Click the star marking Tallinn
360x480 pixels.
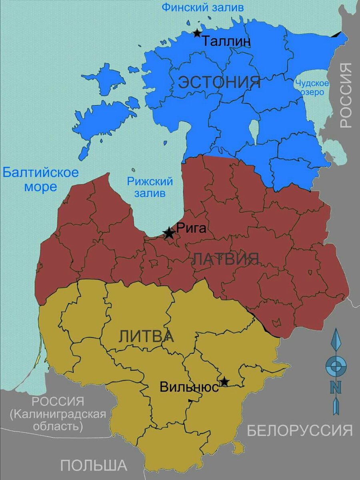197,33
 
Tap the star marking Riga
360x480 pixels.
169,233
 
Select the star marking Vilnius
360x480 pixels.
224,382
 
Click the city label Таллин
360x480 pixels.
226,41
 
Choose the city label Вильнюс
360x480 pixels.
189,387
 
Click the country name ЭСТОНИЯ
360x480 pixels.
219,82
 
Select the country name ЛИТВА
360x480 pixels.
146,337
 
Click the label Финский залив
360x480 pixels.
202,7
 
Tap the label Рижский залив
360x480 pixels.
150,187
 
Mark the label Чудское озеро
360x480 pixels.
312,88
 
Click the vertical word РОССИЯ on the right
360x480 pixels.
346,95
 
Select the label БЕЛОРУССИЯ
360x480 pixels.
300,430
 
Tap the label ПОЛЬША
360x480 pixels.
94,465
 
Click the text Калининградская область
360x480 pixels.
58,420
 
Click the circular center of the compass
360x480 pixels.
336,366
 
